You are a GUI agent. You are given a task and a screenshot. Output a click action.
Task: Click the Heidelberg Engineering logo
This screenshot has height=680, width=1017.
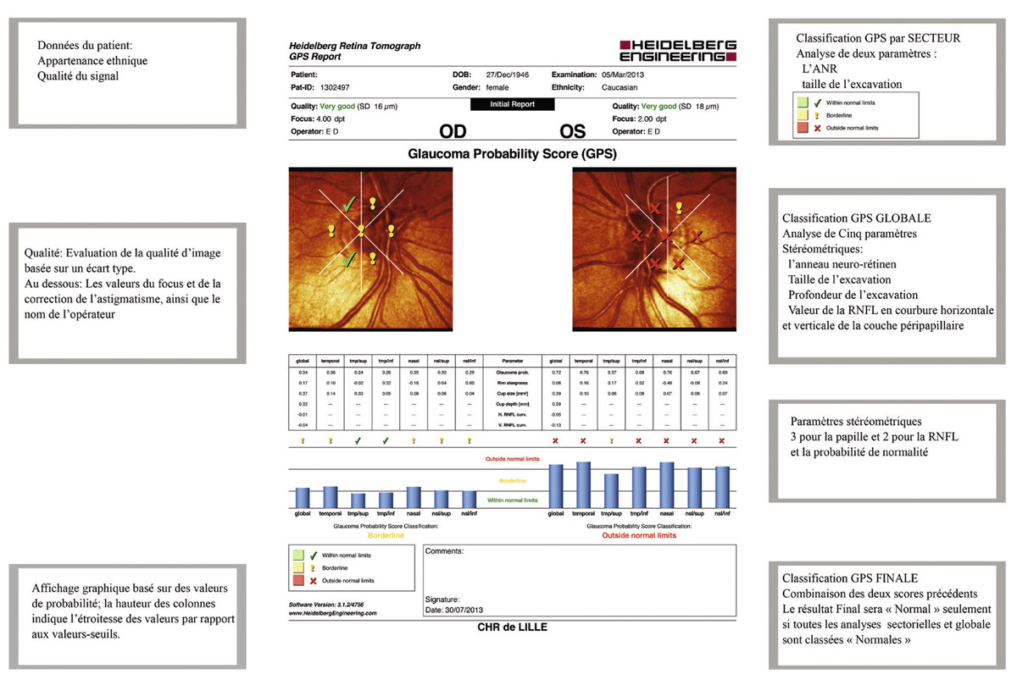pyautogui.click(x=678, y=51)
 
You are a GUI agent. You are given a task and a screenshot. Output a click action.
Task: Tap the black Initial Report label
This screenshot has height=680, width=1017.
pyautogui.click(x=512, y=104)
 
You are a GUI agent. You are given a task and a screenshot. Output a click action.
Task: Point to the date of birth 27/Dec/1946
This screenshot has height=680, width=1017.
pyautogui.click(x=508, y=75)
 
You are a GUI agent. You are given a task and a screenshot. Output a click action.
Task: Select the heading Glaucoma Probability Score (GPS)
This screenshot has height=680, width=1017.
pyautogui.click(x=512, y=155)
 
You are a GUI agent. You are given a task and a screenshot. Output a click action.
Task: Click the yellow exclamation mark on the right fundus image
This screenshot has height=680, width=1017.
pyautogui.click(x=679, y=207)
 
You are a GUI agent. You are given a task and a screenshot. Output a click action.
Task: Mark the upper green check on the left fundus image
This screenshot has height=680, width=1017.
pyautogui.click(x=348, y=203)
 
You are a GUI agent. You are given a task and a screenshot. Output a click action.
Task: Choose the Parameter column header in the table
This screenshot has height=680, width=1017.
pyautogui.click(x=513, y=360)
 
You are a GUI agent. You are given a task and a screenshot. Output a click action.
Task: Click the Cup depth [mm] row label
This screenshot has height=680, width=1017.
pyautogui.click(x=513, y=405)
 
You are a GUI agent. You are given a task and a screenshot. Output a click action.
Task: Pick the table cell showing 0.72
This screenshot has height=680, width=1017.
pyautogui.click(x=555, y=373)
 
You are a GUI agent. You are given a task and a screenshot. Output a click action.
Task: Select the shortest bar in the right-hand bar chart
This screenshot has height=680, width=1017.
pyautogui.click(x=610, y=490)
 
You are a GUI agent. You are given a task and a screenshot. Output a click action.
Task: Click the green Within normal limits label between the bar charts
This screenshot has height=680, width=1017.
pyautogui.click(x=513, y=500)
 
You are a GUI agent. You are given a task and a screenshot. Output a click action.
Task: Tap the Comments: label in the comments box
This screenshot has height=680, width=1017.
pyautogui.click(x=445, y=550)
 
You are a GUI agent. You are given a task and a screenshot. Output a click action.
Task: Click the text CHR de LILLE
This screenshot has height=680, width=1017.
pyautogui.click(x=513, y=627)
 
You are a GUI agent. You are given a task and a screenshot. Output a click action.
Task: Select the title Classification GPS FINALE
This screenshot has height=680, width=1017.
pyautogui.click(x=856, y=578)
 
